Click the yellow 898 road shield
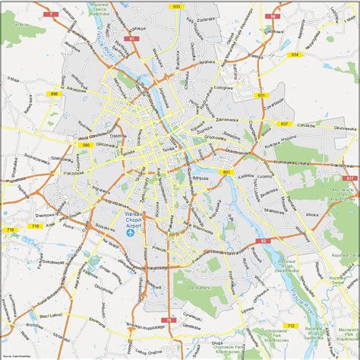(x=54, y=93)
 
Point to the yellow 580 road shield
(x=86, y=144)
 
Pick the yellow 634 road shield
(x=295, y=55)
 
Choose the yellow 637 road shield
(x=284, y=123)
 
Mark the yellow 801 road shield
(x=226, y=172)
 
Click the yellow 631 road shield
(x=261, y=95)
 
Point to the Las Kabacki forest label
(x=199, y=289)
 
